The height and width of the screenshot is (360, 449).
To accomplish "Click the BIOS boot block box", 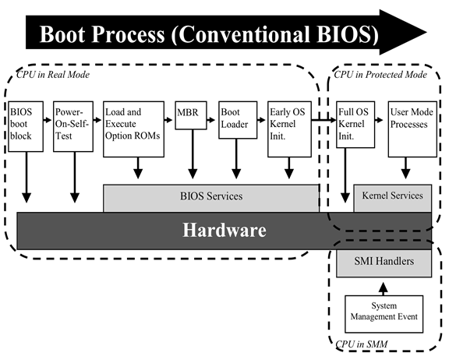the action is [x=26, y=126].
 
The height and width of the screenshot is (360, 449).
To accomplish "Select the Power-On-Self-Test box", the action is [x=73, y=126].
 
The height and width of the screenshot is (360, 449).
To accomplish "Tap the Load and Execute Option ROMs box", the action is [x=133, y=129].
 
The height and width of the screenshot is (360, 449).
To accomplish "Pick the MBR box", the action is [x=191, y=115].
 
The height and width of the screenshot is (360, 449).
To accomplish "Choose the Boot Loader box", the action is [x=238, y=120].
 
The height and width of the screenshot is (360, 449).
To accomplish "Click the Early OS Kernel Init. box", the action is [x=289, y=129].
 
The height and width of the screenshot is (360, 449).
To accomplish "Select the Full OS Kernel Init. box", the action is [x=355, y=125].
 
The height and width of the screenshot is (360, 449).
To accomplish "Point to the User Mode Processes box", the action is [x=412, y=129].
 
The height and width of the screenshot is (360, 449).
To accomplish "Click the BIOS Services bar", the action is [x=211, y=199].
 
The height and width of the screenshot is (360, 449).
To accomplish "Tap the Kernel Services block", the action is [x=393, y=199].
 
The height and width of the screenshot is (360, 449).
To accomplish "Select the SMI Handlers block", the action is [x=384, y=263].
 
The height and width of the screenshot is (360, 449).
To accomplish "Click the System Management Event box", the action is [x=384, y=314].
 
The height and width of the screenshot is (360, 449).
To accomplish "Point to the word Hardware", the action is [x=224, y=231].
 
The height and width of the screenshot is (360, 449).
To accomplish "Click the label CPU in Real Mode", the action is [x=53, y=75].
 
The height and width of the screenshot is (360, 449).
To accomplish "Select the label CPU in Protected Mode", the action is [x=380, y=75].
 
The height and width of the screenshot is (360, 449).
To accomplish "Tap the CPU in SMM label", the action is [x=362, y=344].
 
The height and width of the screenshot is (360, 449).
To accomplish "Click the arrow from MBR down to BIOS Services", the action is [x=193, y=154].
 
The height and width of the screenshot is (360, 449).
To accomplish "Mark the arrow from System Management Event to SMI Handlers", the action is [x=384, y=289].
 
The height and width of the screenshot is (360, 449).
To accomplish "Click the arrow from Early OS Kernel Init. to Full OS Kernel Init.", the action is [x=323, y=120].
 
